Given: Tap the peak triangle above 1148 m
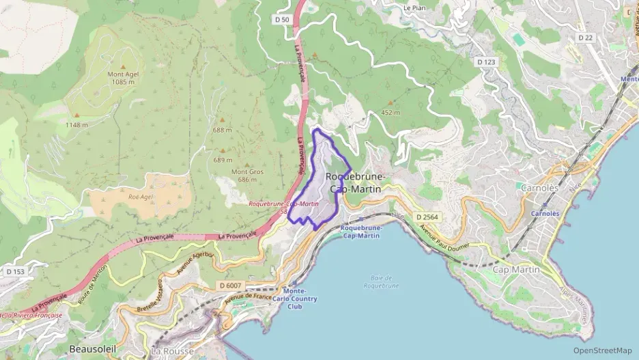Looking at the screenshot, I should (76, 115).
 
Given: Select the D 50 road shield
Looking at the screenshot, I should (282, 20).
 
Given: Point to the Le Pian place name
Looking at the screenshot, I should (414, 8).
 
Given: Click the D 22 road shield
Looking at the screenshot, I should (585, 38).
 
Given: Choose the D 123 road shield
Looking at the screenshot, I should (486, 61).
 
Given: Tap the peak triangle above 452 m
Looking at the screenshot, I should (390, 102).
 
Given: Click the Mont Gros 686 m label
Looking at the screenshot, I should (247, 176).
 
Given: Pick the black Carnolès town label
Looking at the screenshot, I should (539, 187).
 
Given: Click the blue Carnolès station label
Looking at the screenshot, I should (545, 213).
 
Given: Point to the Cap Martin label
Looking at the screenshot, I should (516, 270).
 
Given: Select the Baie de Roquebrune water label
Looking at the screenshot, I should (381, 281).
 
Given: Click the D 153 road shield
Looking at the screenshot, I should (15, 271).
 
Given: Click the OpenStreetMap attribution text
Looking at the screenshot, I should (602, 350).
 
